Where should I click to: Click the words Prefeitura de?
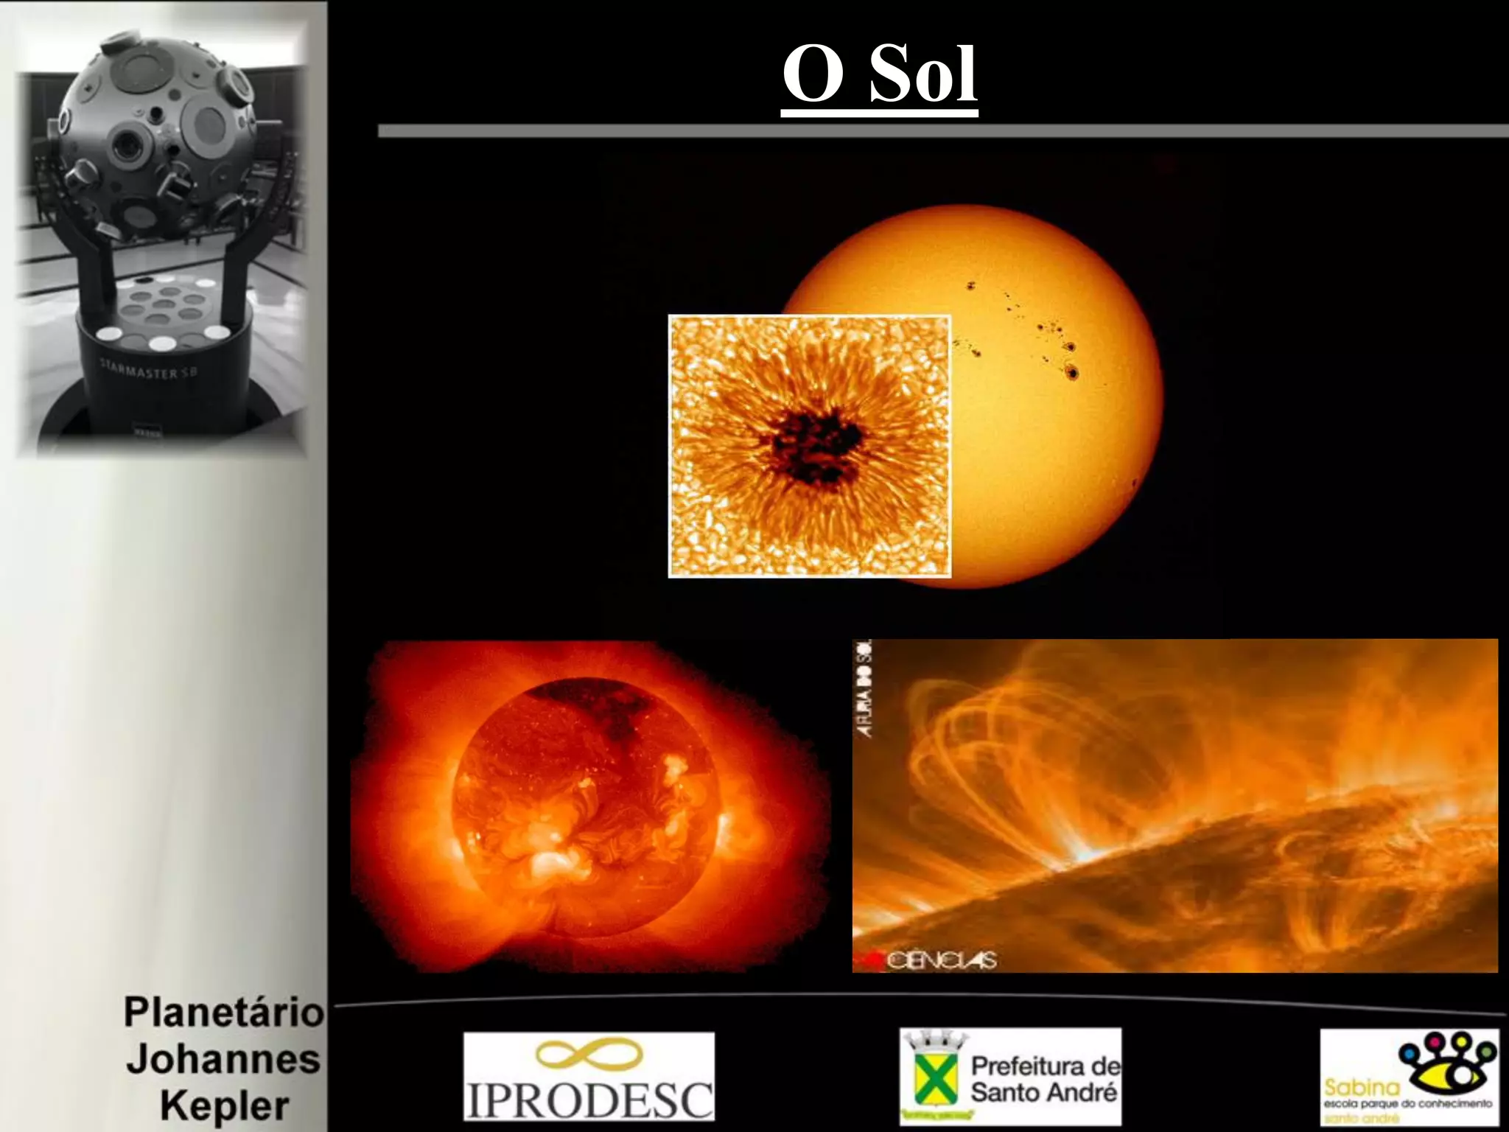(x=1045, y=1066)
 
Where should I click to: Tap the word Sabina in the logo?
(x=1362, y=1088)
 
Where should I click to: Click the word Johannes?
(x=223, y=1059)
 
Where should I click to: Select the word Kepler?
(x=225, y=1106)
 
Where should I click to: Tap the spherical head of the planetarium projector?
(x=157, y=133)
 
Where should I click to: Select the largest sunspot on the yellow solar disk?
(x=1073, y=374)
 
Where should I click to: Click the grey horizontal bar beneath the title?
(x=943, y=131)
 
